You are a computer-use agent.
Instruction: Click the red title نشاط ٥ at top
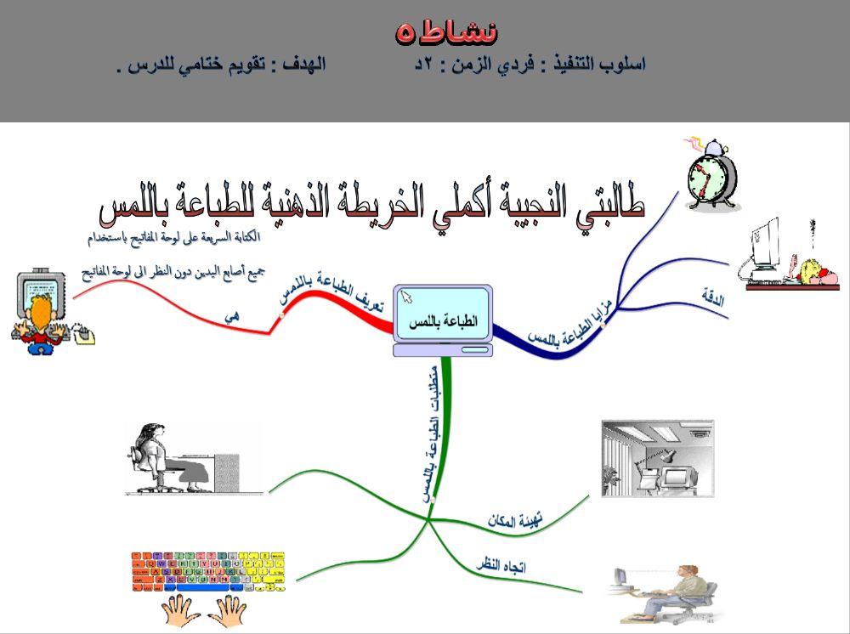tap(446, 32)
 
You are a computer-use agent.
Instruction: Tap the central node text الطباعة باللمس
tap(444, 322)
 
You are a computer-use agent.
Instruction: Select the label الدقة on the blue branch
tap(712, 297)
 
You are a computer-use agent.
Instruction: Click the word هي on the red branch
tap(232, 315)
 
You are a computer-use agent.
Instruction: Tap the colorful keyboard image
tap(208, 571)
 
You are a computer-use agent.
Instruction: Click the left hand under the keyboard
tap(178, 610)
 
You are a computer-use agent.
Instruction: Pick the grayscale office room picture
tap(657, 458)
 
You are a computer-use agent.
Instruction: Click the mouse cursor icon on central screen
tap(406, 297)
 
